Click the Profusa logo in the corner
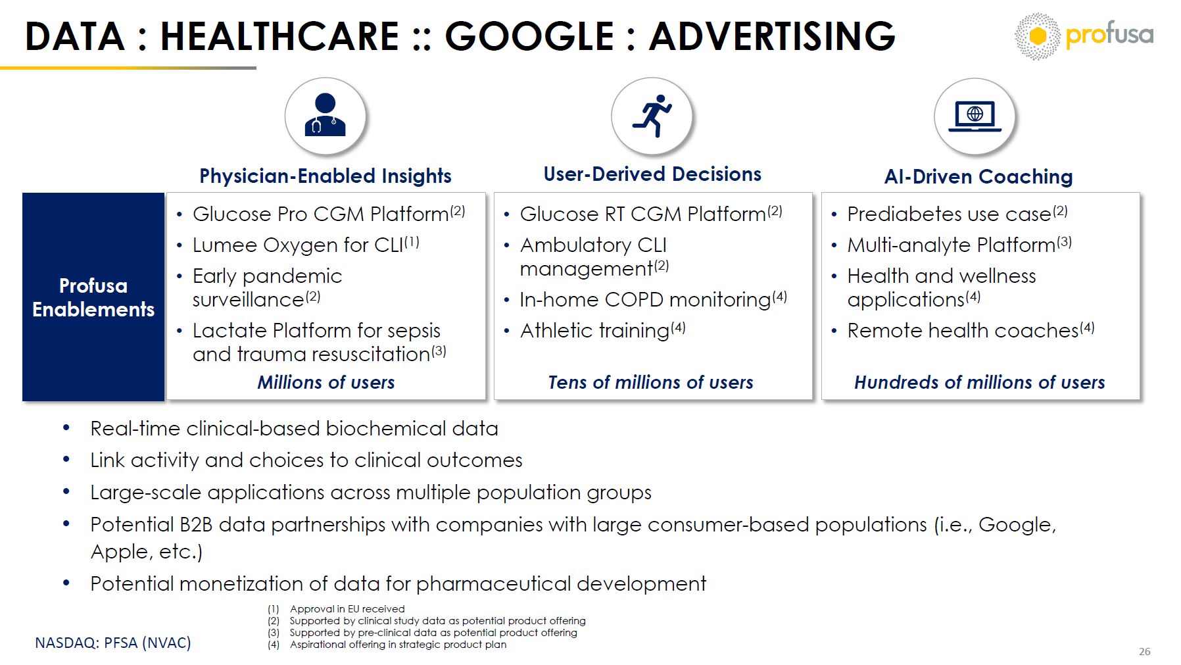[1084, 36]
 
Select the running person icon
[652, 116]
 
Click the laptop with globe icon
[975, 116]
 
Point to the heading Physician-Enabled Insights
[325, 176]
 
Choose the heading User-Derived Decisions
[652, 174]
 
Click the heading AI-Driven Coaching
[978, 176]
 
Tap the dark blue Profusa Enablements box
[93, 297]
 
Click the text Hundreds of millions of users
[980, 382]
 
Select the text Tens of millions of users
[651, 382]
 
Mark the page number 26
[1145, 651]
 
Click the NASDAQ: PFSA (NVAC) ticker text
[113, 643]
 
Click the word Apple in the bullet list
[115, 551]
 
